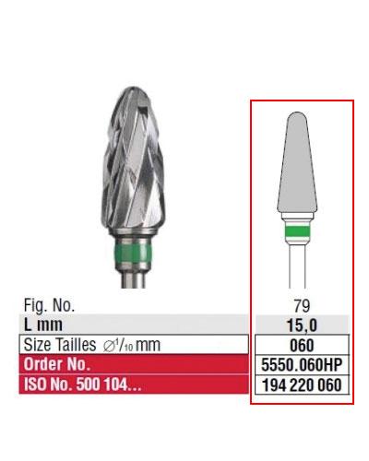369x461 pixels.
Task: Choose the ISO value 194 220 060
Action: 300,385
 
